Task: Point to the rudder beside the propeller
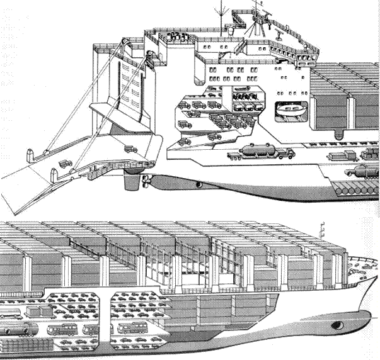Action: point(131,181)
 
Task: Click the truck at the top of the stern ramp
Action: point(130,149)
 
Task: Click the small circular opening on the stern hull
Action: point(199,184)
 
